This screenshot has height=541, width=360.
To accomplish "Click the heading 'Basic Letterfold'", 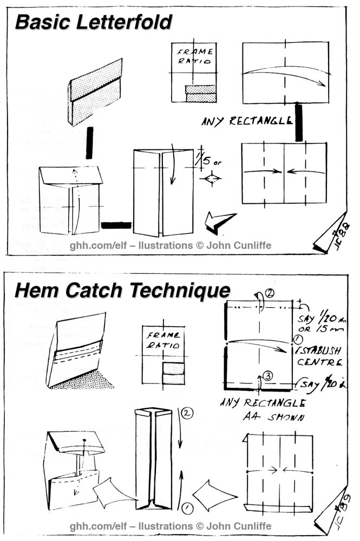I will (93, 22).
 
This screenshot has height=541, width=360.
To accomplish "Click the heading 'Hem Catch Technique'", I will (122, 291).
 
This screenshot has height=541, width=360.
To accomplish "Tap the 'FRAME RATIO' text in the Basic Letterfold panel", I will (193, 57).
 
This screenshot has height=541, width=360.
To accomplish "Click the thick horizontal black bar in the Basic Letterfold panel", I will (116, 225).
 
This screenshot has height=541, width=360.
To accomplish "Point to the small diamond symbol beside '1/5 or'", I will (211, 179).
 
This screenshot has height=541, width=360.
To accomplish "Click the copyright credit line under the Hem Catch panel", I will (171, 525).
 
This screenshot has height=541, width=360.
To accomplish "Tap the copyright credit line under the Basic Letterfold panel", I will (171, 246).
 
